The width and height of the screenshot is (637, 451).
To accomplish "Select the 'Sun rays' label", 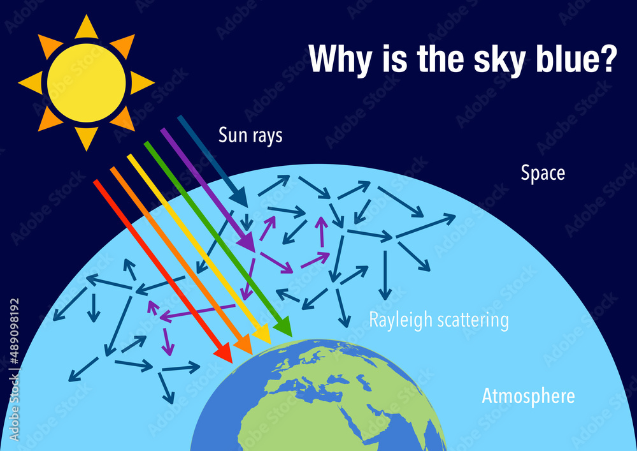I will [250, 136].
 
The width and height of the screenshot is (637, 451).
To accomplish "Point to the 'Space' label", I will [543, 173].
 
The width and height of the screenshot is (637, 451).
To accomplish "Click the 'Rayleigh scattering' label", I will [439, 320].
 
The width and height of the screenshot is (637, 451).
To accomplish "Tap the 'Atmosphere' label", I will [528, 396].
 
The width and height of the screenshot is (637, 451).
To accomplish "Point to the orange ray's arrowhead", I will [245, 346].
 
